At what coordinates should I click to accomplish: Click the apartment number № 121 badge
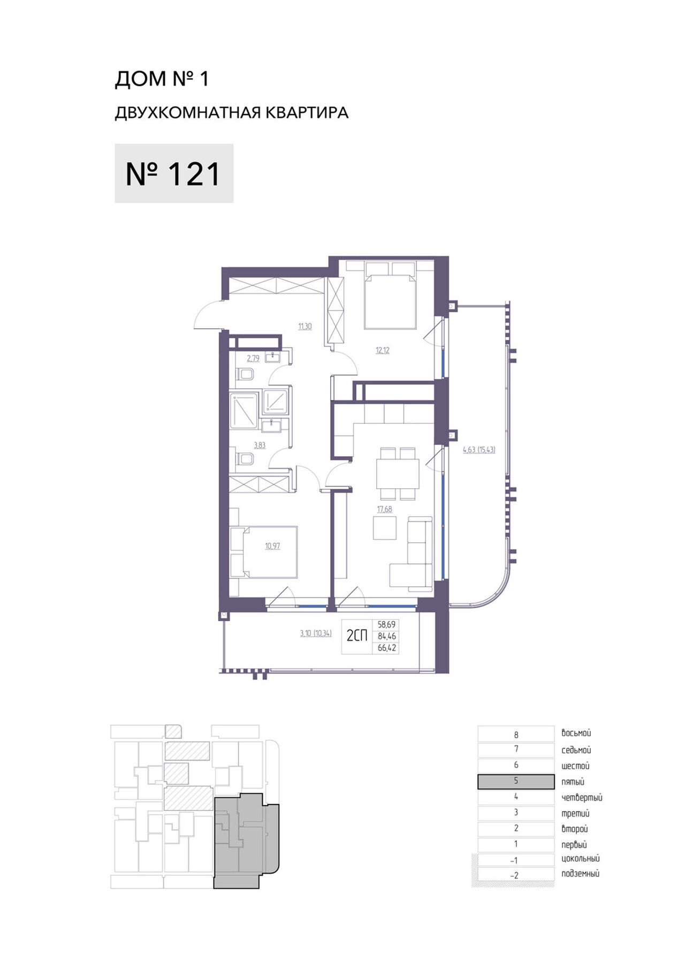click(x=174, y=173)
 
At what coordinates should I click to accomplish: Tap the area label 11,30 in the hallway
click(x=305, y=326)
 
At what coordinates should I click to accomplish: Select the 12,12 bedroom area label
click(x=383, y=351)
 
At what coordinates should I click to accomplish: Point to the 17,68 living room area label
click(x=385, y=509)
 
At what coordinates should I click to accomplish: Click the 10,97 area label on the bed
click(x=272, y=547)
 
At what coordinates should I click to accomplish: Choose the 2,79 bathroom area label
click(x=253, y=358)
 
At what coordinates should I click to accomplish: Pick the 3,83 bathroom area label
click(x=260, y=445)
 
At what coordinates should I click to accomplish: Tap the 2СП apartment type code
click(x=357, y=636)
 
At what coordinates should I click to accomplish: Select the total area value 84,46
click(x=387, y=636)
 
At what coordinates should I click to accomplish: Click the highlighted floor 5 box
click(x=516, y=781)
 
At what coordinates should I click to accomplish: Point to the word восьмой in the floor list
click(x=576, y=733)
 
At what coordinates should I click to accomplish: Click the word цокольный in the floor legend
click(x=581, y=859)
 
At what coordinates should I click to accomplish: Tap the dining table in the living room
click(x=397, y=473)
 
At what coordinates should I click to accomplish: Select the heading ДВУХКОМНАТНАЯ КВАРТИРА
click(x=232, y=112)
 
